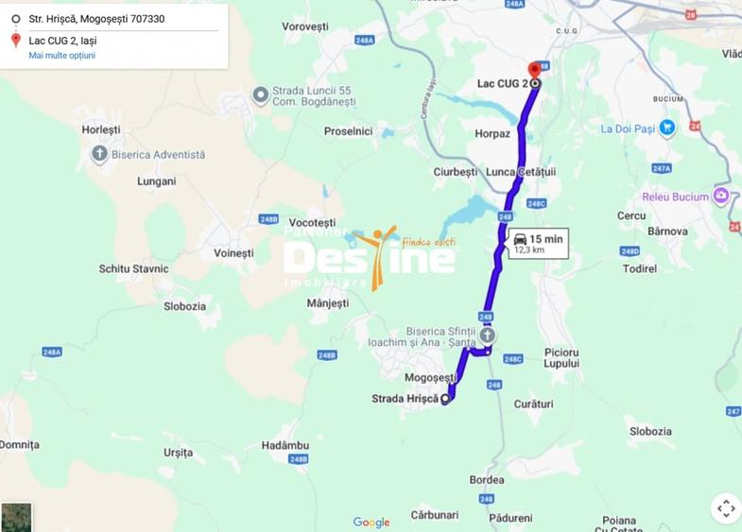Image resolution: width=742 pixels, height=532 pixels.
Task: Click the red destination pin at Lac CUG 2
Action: [x=534, y=70]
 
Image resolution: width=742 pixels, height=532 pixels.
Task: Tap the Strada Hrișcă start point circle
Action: [x=445, y=400]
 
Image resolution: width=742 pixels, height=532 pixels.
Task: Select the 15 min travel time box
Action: [x=538, y=244]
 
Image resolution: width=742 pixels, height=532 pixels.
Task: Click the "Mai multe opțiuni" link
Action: [x=61, y=56]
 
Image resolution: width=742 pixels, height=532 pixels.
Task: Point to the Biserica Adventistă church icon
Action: [x=99, y=154]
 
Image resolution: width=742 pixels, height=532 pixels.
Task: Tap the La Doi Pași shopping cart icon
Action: [x=667, y=128]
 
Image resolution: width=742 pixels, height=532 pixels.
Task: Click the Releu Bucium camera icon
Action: [x=721, y=196]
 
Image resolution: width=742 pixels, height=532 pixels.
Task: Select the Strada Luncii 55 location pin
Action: [x=261, y=94]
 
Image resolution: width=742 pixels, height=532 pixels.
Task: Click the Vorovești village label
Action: [x=304, y=27]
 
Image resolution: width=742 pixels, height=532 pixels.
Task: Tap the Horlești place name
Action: [x=101, y=129]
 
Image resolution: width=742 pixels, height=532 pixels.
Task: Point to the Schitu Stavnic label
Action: [x=133, y=268]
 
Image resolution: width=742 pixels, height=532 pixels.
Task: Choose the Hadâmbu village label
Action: [x=285, y=445]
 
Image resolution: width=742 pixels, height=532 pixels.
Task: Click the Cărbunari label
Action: [x=435, y=515]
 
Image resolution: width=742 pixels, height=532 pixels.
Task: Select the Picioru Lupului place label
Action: [x=561, y=357]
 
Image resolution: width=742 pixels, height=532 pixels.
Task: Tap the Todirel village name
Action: [x=640, y=268]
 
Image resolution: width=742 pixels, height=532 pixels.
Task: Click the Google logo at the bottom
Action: [x=371, y=523]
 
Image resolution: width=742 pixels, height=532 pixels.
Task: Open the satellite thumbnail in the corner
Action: [x=16, y=517]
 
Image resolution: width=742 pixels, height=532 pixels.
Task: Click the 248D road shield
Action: [x=630, y=251]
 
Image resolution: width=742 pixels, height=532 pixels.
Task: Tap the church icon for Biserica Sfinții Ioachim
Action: [x=486, y=335]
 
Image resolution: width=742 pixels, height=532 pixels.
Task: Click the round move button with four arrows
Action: [x=725, y=508]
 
